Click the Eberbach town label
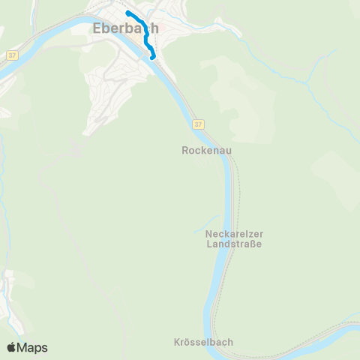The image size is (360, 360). [125, 29]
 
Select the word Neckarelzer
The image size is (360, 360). [234, 234]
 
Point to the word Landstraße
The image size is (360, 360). [234, 244]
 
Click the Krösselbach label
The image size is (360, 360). [202, 342]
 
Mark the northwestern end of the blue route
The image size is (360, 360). [127, 12]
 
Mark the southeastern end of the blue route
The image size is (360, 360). [154, 57]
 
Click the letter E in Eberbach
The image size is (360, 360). [97, 29]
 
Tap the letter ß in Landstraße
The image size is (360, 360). [252, 244]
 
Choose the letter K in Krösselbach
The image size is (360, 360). [174, 342]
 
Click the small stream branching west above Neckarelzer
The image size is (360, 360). [202, 223]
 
